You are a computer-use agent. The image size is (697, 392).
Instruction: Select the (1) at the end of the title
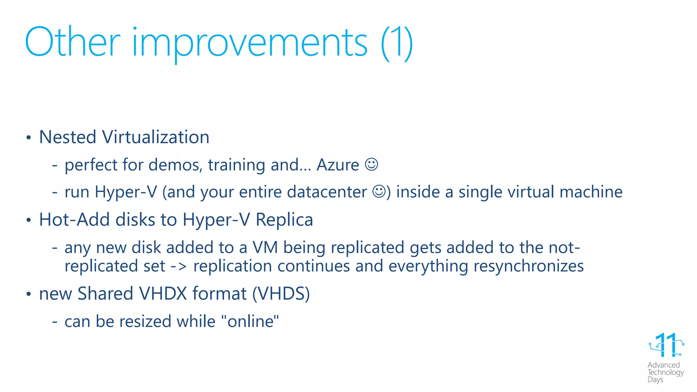396,43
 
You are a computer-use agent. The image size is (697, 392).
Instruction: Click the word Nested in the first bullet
68,137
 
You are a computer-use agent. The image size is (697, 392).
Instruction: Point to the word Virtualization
156,137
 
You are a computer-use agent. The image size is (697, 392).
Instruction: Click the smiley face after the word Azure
371,164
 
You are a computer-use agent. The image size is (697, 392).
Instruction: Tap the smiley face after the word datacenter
379,191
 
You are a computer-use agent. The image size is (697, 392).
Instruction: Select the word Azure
338,165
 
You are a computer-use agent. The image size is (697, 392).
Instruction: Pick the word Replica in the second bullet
284,219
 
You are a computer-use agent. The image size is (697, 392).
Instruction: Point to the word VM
265,247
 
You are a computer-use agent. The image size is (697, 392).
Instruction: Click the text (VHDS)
281,294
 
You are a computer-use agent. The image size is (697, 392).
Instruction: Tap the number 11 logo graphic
666,345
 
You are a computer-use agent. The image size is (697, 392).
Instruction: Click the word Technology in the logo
665,372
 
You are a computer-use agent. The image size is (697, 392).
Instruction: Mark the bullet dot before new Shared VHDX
29,294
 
